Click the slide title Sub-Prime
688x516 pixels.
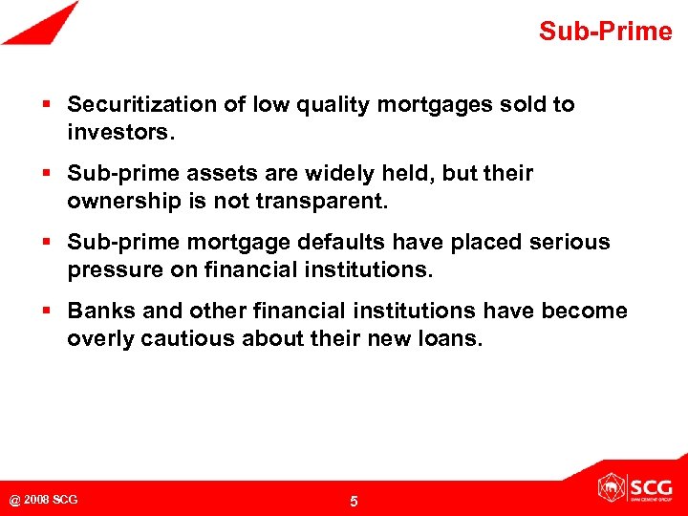pos(605,32)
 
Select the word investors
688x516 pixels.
pos(120,131)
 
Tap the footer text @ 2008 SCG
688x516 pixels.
pos(44,500)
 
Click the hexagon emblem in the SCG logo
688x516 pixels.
pos(613,487)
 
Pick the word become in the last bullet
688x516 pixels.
pos(585,311)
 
